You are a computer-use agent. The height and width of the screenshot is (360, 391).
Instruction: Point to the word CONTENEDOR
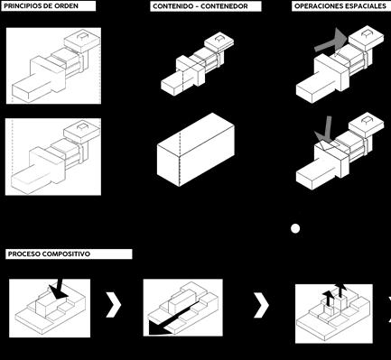pos(228,6)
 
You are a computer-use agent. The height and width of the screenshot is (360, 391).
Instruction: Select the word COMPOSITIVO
pos(66,254)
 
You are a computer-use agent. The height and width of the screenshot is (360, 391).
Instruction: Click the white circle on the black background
pos(295,228)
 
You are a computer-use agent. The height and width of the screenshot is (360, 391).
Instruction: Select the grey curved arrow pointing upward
pos(332,42)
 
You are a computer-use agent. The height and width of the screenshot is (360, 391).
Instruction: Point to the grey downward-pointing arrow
pos(326,132)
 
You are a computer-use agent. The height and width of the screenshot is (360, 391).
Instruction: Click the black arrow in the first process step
pos(59,290)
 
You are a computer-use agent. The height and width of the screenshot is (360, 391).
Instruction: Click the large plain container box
pos(196,150)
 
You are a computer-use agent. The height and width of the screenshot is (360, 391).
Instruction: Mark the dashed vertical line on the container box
pos(180,160)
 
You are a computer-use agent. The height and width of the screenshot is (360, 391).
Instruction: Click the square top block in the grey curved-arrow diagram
pos(367,39)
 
